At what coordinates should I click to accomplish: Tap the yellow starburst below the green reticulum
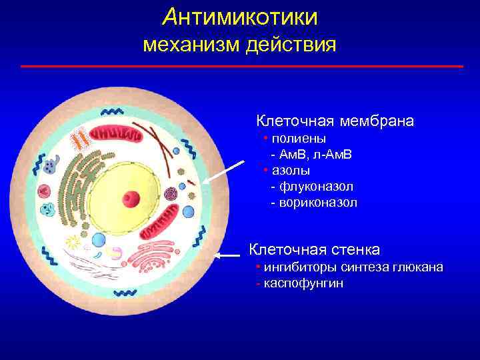pos(73,243)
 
